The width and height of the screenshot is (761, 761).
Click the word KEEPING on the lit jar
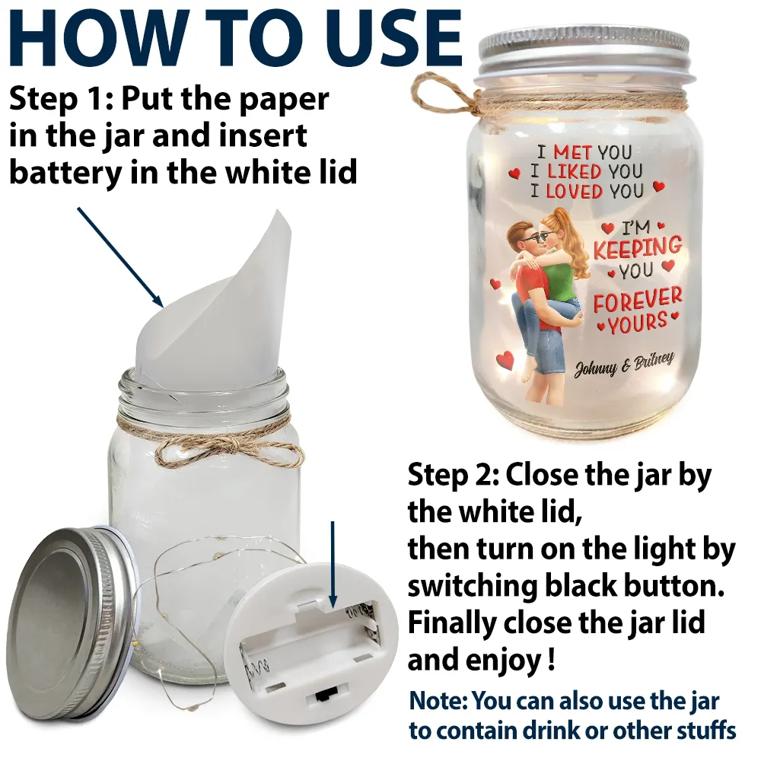637,248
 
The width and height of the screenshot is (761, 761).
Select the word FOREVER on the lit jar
637,299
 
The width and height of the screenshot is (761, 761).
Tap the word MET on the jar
573,153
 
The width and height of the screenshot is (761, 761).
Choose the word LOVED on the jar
574,191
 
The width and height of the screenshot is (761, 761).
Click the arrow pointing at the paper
120,257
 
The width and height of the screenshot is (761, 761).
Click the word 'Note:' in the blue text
438,701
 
